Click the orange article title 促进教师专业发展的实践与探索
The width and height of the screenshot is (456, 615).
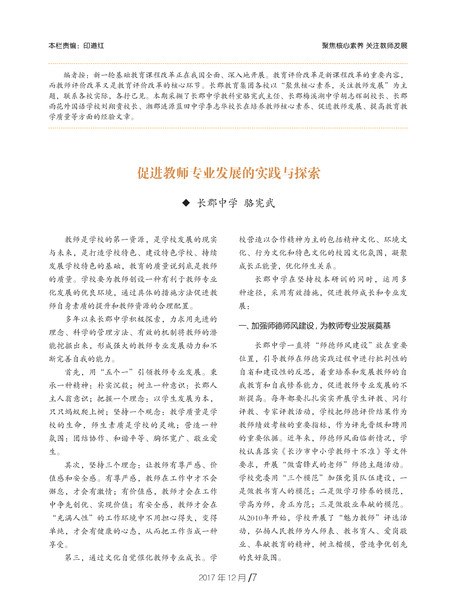pos(229,173)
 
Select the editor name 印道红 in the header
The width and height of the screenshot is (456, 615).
pos(94,46)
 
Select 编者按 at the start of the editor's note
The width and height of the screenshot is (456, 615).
pos(74,75)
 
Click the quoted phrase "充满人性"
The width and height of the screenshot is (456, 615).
pos(73,518)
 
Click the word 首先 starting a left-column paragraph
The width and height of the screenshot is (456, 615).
pos(73,372)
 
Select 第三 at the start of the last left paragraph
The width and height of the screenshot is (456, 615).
pos(73,558)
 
